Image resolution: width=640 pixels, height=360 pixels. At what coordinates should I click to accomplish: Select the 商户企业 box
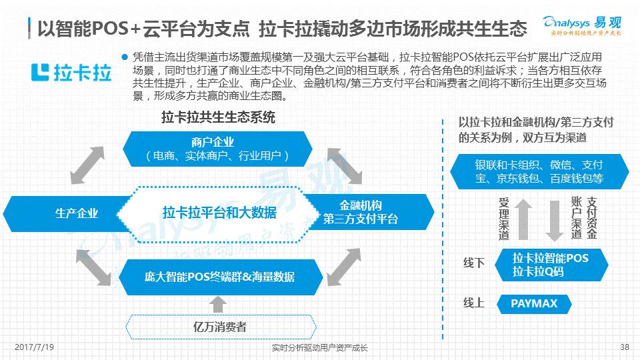pos(217,149)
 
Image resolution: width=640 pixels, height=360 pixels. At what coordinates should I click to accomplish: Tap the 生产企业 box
pos(73,213)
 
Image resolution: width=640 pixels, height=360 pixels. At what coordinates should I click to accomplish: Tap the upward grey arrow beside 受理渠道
pos(523,219)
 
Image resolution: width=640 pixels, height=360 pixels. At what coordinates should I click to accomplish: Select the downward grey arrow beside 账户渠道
pos(555,219)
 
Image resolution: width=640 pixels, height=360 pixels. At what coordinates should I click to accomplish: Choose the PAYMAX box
pos(533,304)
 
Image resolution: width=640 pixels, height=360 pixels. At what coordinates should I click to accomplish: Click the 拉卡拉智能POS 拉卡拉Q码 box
pos(551,265)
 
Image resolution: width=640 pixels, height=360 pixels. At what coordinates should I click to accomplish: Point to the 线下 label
pos(474,263)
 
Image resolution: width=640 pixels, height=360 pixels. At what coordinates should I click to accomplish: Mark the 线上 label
pos(474,303)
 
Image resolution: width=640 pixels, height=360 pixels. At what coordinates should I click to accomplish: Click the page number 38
pos(625,347)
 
